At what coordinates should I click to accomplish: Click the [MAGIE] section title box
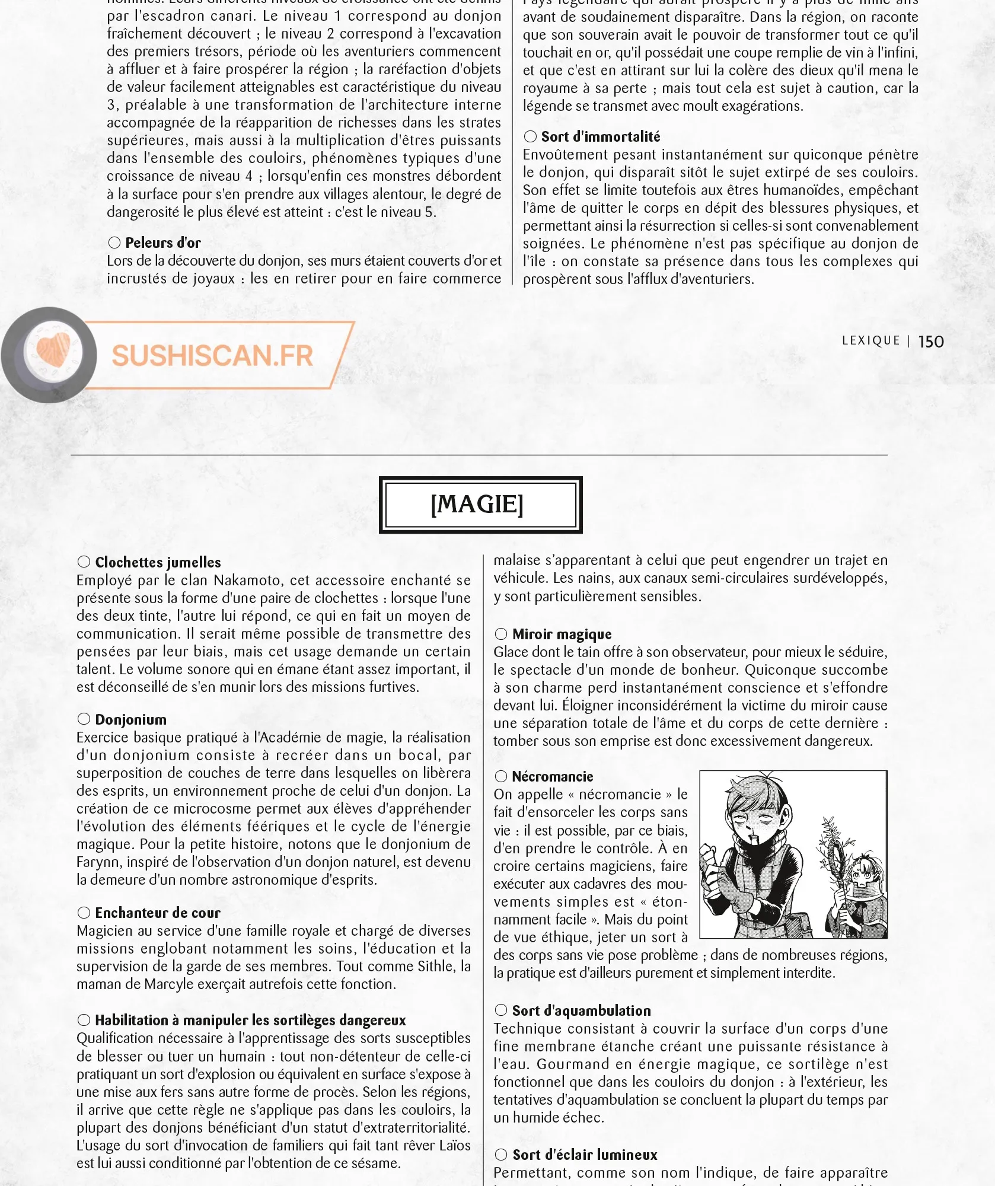pyautogui.click(x=480, y=505)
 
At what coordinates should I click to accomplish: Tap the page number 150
pyautogui.click(x=930, y=342)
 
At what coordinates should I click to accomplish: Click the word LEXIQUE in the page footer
pyautogui.click(x=870, y=340)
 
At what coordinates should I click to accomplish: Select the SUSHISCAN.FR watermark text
pyautogui.click(x=212, y=356)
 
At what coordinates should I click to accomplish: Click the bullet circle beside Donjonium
pyautogui.click(x=84, y=719)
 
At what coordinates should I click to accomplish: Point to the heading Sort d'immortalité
pyautogui.click(x=600, y=136)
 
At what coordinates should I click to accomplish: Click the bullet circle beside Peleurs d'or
pyautogui.click(x=114, y=243)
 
